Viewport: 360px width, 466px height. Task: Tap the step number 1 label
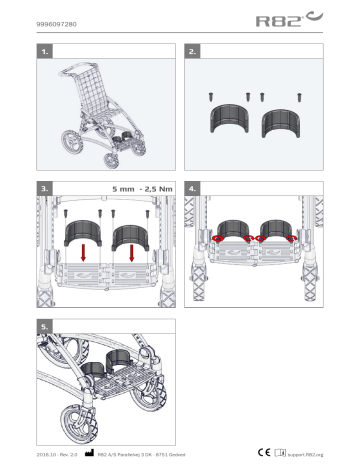(43, 49)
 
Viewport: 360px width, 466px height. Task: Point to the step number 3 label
(43, 186)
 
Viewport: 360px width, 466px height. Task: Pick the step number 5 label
(43, 325)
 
